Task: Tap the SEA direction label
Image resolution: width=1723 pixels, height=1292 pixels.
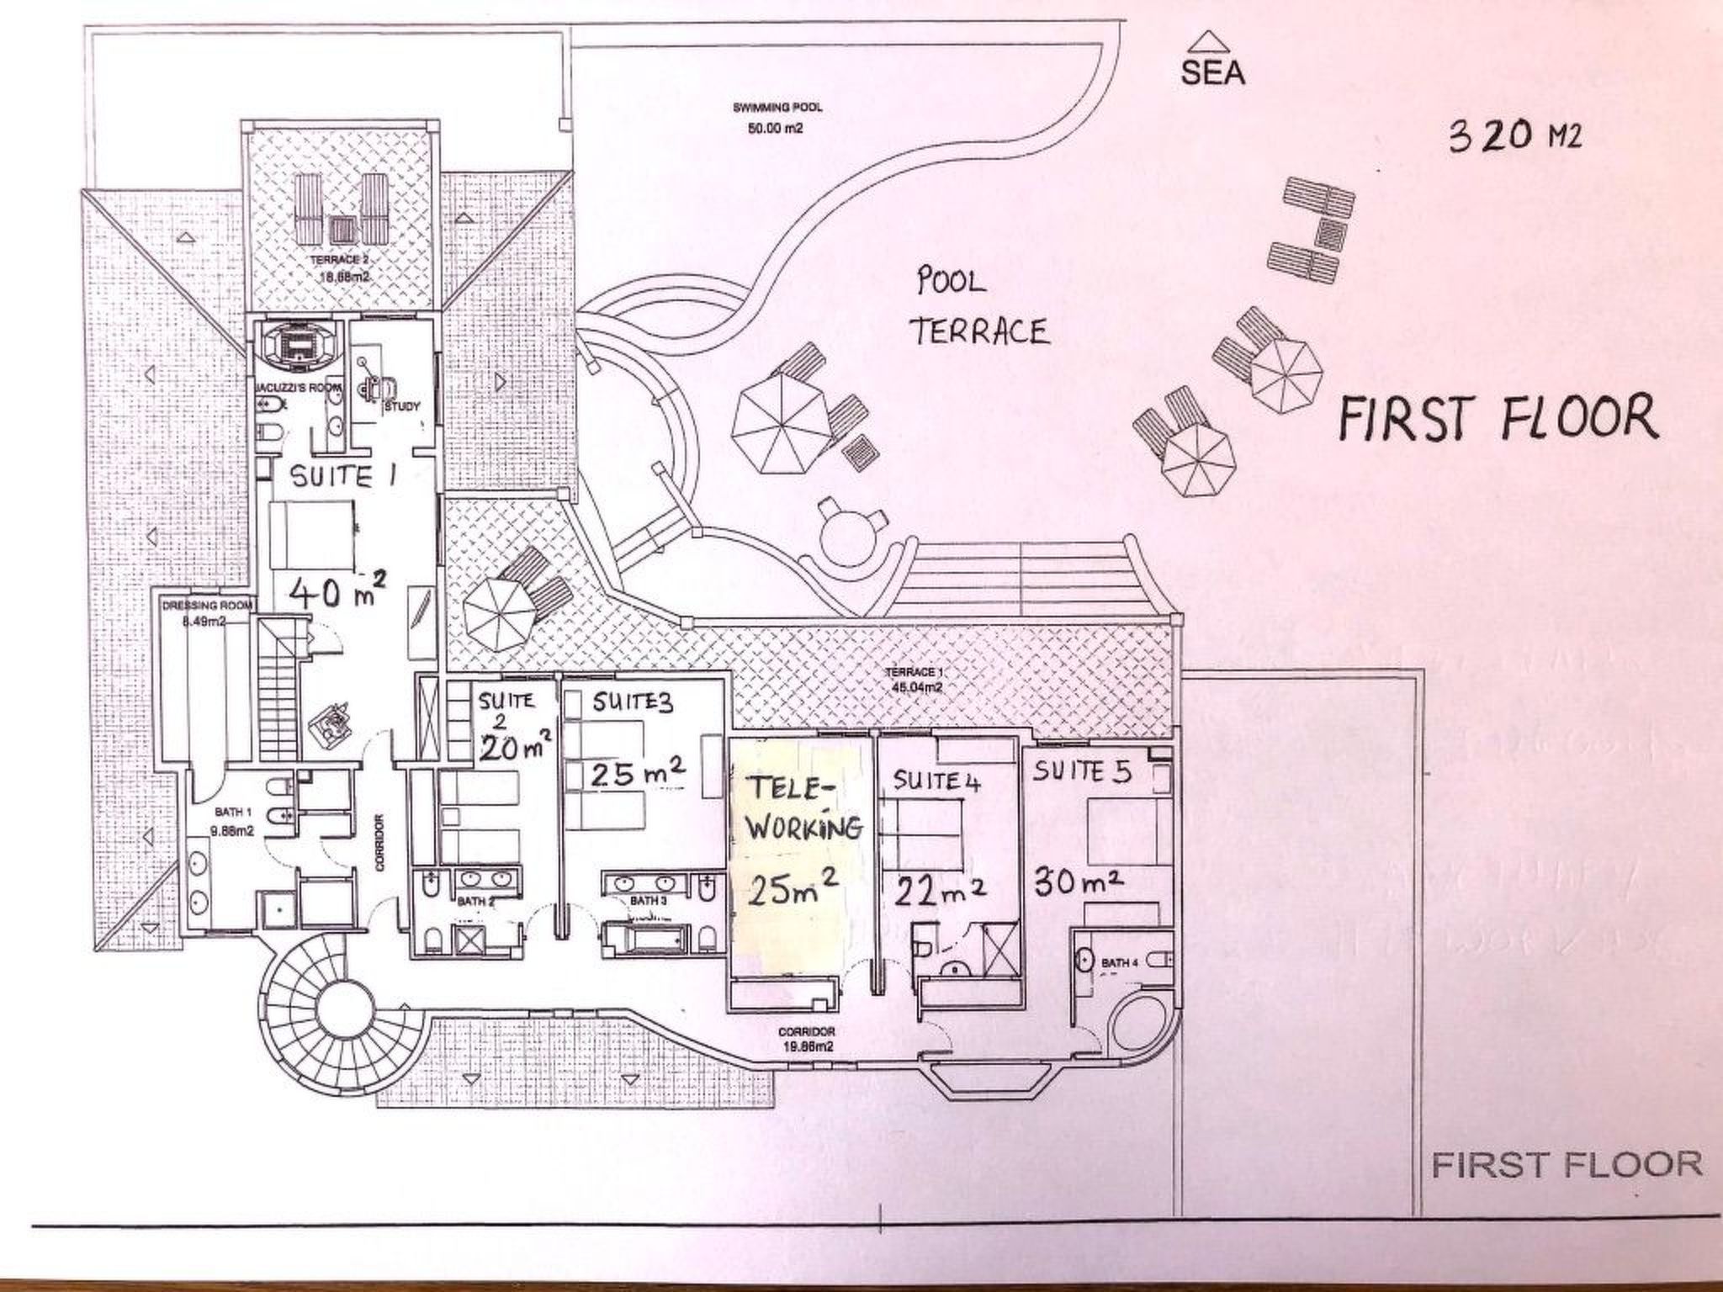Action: [1211, 73]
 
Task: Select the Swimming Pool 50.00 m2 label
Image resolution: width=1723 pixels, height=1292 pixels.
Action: [777, 118]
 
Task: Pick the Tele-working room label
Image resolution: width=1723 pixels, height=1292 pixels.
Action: [803, 809]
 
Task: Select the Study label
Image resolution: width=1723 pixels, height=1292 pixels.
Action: [401, 407]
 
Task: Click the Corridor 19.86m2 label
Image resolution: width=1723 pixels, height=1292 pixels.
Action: [806, 1038]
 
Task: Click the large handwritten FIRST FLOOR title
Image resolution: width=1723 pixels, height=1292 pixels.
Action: [1498, 417]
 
